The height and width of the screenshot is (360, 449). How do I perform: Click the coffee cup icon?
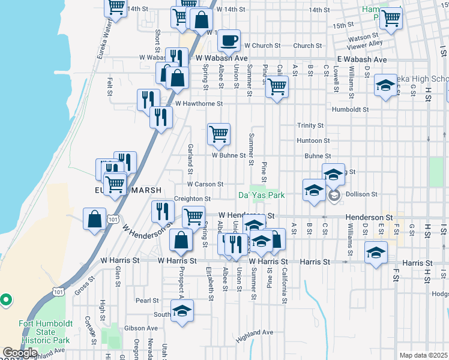point(229,41)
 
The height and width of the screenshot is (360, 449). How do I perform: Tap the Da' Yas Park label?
point(261,195)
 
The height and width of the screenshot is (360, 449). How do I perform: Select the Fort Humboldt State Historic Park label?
point(46,331)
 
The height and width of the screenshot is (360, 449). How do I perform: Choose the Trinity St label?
point(310,125)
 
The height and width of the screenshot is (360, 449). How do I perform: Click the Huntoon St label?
point(313,140)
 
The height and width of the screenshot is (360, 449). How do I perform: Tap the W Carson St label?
point(205,184)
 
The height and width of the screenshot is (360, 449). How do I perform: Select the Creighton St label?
point(192,199)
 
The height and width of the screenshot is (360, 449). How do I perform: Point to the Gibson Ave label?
point(140,328)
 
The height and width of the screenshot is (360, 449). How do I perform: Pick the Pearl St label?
point(146,301)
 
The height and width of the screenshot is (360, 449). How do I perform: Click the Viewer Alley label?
point(367,43)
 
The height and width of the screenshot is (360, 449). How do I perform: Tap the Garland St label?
point(190,155)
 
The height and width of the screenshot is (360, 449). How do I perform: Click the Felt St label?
point(110,86)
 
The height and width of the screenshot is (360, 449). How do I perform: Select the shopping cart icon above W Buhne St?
point(219,134)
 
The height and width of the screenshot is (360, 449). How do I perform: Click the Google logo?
point(20,353)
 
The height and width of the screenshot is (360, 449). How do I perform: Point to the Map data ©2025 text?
point(423,355)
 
